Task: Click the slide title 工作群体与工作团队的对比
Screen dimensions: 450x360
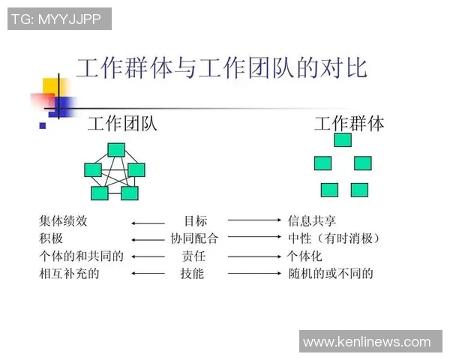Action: pyautogui.click(x=221, y=68)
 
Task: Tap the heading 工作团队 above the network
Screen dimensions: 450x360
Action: pyautogui.click(x=122, y=124)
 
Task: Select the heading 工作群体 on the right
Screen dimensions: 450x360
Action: pyautogui.click(x=349, y=124)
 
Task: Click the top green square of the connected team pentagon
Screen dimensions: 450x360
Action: pyautogui.click(x=116, y=150)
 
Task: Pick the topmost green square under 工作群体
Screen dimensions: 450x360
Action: pyautogui.click(x=343, y=140)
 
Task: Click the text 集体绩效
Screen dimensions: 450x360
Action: pyautogui.click(x=63, y=221)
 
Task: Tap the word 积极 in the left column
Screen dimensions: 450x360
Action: pyautogui.click(x=51, y=238)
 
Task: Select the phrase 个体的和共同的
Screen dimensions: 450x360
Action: pyautogui.click(x=81, y=256)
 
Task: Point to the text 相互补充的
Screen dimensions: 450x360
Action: pyautogui.click(x=69, y=274)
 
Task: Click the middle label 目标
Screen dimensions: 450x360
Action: pyautogui.click(x=196, y=221)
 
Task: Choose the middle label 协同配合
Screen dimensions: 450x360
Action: pyautogui.click(x=194, y=238)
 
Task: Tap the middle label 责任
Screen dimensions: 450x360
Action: pyautogui.click(x=193, y=256)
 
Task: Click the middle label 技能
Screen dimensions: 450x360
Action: pyautogui.click(x=192, y=274)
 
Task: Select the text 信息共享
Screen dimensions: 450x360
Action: pyautogui.click(x=312, y=221)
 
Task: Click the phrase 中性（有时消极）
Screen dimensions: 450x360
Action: pyautogui.click(x=334, y=238)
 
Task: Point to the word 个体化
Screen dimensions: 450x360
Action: pyautogui.click(x=304, y=256)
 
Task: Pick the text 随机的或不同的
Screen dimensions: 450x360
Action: pyautogui.click(x=331, y=274)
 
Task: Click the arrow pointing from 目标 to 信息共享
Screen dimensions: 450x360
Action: pyautogui.click(x=255, y=220)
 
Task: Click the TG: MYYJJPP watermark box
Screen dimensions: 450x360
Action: pyautogui.click(x=59, y=19)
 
